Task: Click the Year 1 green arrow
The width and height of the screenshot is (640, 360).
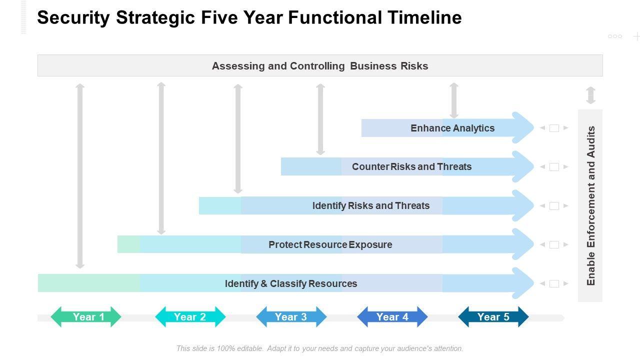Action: (x=86, y=317)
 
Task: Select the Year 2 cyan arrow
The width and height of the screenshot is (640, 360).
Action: (x=190, y=317)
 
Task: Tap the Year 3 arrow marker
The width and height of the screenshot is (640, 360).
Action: (x=291, y=317)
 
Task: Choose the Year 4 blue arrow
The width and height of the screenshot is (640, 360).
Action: (x=392, y=317)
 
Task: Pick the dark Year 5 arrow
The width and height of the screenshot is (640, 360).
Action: (x=493, y=317)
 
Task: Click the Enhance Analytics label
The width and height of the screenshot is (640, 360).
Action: (x=452, y=128)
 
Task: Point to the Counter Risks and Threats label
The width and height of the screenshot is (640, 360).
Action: (x=411, y=166)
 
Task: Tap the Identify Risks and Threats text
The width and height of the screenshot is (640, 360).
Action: (x=371, y=205)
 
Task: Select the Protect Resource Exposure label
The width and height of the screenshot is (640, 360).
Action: (x=330, y=244)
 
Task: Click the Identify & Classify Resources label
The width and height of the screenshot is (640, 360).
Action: (x=291, y=283)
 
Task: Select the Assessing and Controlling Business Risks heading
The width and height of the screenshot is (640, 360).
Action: (x=320, y=66)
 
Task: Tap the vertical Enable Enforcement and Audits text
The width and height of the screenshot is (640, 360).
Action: (x=591, y=205)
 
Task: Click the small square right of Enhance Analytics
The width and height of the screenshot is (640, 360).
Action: (x=554, y=128)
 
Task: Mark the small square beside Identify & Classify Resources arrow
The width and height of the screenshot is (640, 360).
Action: (x=554, y=283)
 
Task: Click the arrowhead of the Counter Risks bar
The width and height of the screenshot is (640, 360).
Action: (x=522, y=166)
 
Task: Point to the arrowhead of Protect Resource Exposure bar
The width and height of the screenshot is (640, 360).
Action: (x=522, y=244)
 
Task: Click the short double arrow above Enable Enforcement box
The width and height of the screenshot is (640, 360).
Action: (x=591, y=95)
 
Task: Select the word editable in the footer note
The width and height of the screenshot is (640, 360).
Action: (x=250, y=348)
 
